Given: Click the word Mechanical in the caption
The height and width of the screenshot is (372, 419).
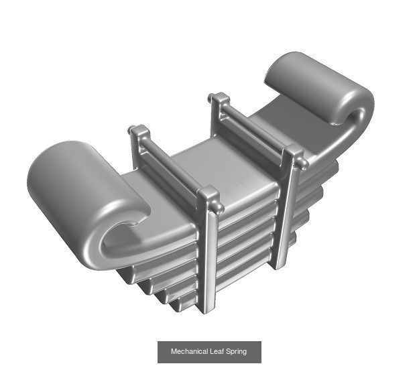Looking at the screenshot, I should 189,351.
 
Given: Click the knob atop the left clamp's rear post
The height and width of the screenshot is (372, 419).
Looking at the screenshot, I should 137,129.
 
